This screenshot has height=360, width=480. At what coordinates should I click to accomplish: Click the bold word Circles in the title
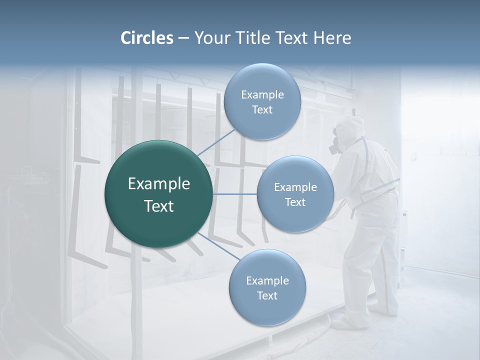point(146,38)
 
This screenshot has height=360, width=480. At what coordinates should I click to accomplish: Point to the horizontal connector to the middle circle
point(235,194)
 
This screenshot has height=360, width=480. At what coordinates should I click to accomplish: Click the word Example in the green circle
point(159,184)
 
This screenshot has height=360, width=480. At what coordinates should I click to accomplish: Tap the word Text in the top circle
point(262,110)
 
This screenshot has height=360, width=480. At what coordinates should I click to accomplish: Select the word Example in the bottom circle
point(267,280)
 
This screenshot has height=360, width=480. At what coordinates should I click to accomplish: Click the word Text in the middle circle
point(295,202)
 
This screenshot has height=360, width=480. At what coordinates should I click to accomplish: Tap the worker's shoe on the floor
point(345,323)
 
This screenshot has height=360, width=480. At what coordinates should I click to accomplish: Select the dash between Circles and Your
point(183,38)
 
